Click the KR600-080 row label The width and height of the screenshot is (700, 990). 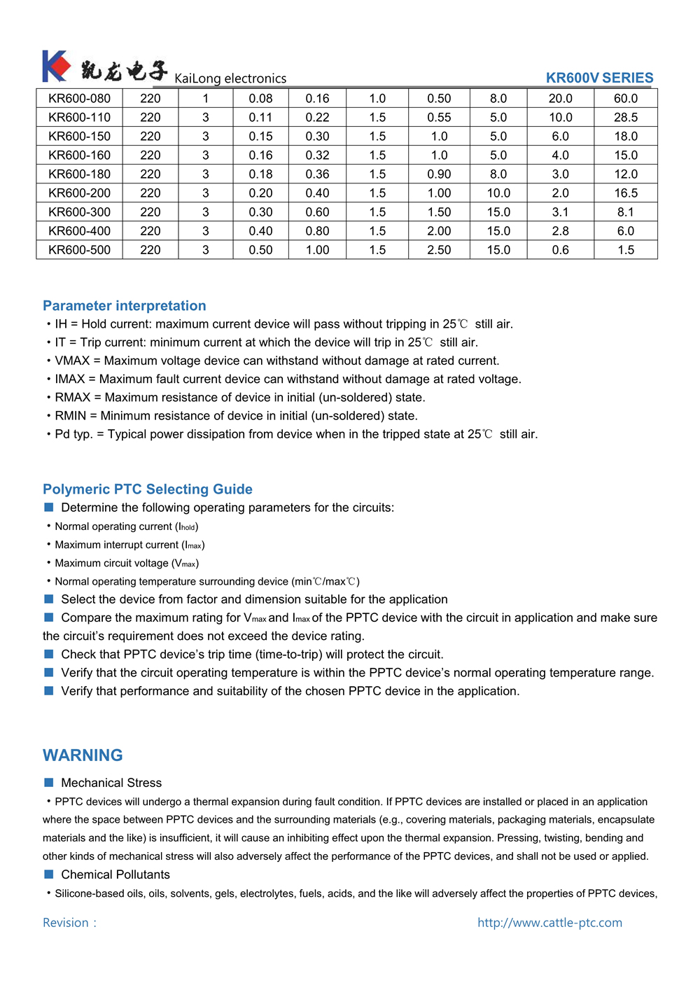(79, 99)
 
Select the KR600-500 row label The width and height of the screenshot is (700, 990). (79, 250)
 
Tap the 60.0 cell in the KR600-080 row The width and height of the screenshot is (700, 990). (626, 99)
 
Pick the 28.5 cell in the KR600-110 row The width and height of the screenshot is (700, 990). (626, 118)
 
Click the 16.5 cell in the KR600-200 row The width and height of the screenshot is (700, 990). (626, 193)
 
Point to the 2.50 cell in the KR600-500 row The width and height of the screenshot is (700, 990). (439, 250)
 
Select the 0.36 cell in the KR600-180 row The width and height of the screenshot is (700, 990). (317, 174)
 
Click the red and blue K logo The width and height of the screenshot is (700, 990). (56, 67)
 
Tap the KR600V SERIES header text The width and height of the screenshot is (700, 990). (599, 78)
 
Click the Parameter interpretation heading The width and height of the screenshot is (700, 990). (125, 306)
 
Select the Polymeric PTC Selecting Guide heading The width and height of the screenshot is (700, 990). (148, 489)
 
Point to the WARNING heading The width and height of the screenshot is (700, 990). (83, 755)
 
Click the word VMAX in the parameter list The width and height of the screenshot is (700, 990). (72, 361)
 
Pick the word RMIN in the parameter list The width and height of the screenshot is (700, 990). (71, 416)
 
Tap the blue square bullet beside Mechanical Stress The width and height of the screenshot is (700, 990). (49, 783)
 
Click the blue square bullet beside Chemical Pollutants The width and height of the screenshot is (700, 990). (49, 874)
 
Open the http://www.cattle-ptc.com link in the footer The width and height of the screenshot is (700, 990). (549, 923)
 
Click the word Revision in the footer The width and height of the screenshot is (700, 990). (66, 923)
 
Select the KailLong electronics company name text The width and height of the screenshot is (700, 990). (230, 78)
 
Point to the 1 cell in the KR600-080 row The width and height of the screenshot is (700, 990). (206, 99)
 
